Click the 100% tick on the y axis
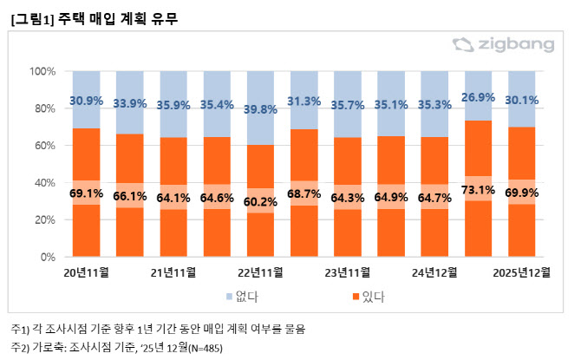[x=42, y=71]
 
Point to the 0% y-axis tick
[x=48, y=258]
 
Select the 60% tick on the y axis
[x=45, y=146]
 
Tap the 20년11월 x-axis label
[x=86, y=272]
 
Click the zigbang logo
[x=512, y=43]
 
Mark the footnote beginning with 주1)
[x=157, y=330]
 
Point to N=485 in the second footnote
[x=205, y=348]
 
